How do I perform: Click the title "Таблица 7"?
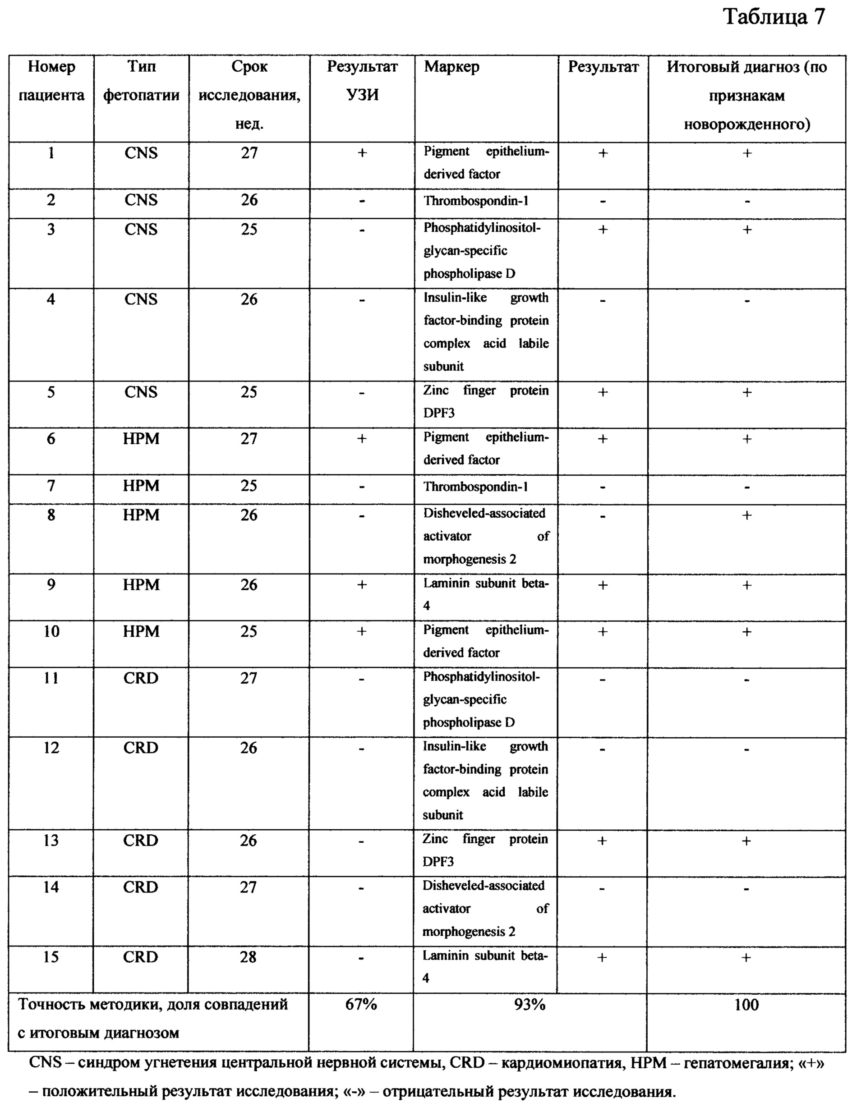tap(774, 18)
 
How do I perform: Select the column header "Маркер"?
tap(451, 67)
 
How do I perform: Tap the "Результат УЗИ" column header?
tap(362, 81)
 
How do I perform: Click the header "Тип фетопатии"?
tap(142, 81)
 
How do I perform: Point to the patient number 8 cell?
tap(51, 515)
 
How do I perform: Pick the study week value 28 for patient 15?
tap(248, 957)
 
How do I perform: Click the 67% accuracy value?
tap(361, 1005)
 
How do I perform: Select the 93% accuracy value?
tap(530, 1005)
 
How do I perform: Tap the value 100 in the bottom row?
tap(746, 1005)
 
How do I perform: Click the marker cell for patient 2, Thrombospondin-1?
tap(476, 201)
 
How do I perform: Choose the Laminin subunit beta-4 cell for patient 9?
tap(485, 594)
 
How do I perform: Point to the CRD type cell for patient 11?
tap(141, 678)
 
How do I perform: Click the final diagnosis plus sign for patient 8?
tap(747, 515)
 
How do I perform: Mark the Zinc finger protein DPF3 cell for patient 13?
tap(485, 850)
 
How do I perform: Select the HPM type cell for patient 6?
tap(142, 438)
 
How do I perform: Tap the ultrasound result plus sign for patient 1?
tap(362, 153)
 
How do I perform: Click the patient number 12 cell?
tap(51, 748)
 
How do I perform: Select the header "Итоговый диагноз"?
tap(746, 67)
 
